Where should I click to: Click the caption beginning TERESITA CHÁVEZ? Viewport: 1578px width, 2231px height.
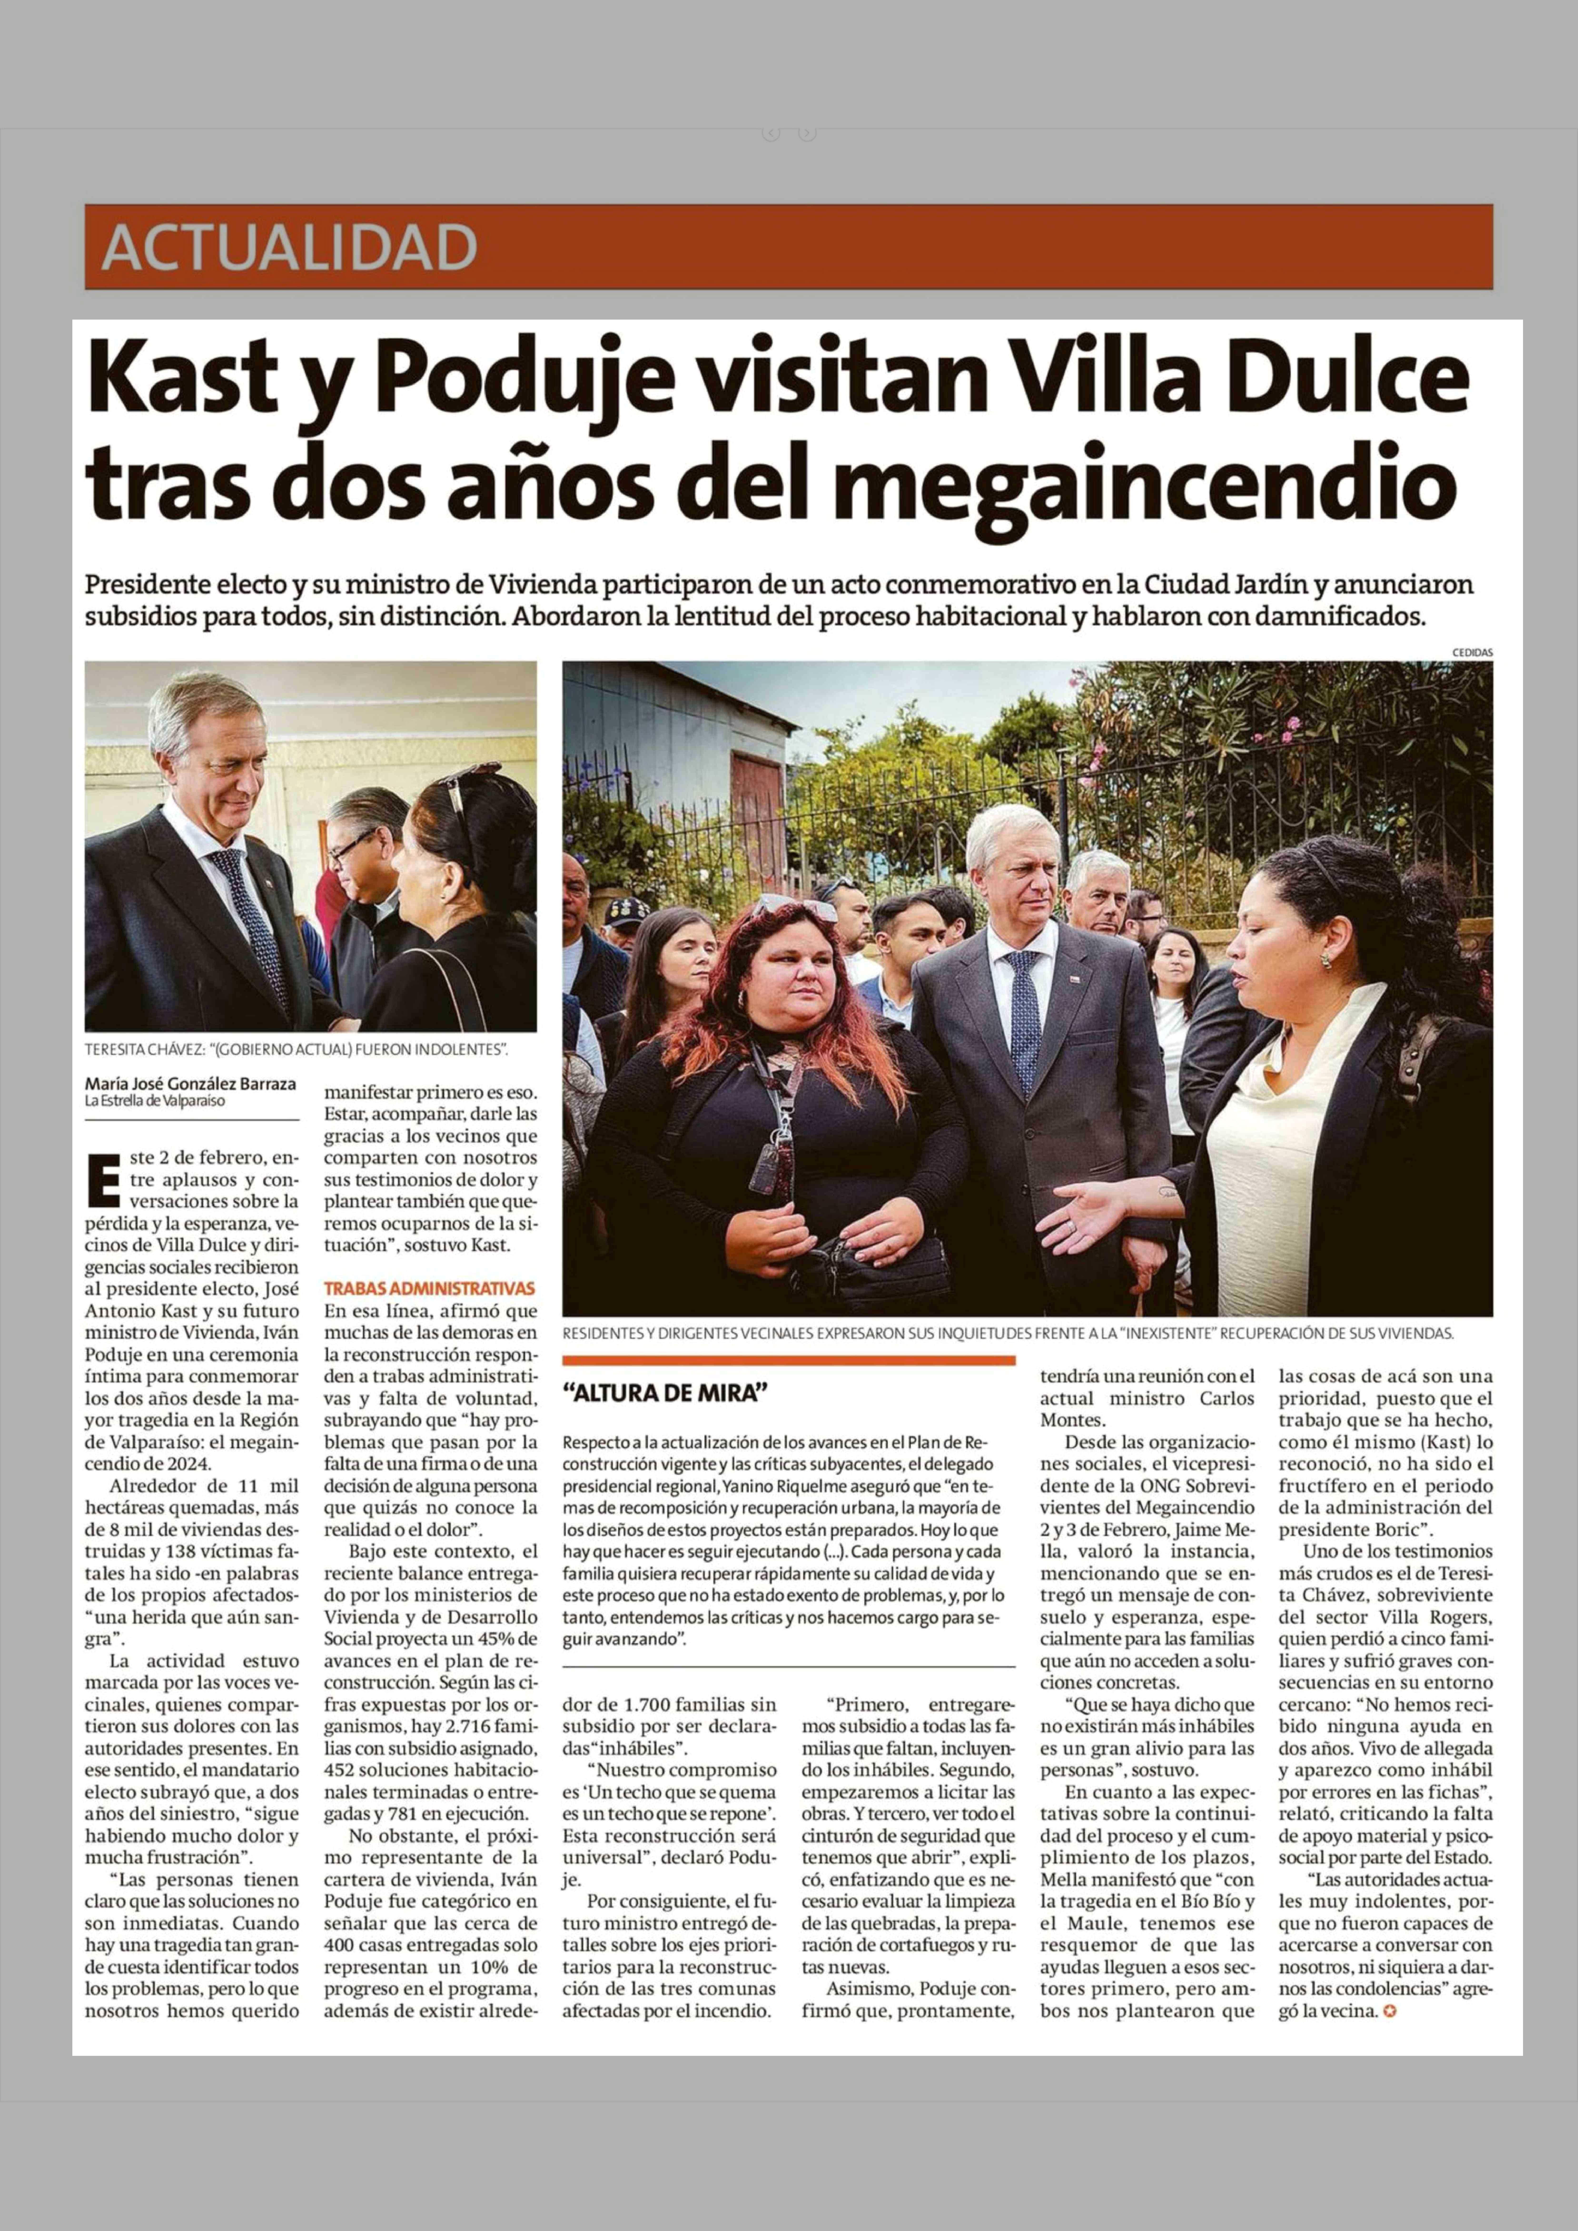(296, 1050)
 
